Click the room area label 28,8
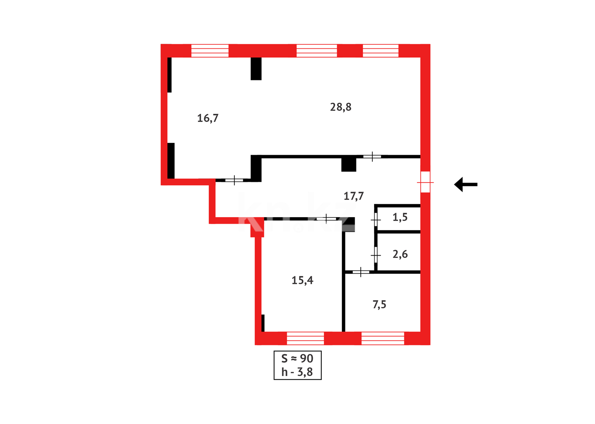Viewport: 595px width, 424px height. click(341, 107)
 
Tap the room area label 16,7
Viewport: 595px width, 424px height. click(208, 118)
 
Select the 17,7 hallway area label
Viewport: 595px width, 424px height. click(354, 196)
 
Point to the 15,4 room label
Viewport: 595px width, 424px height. click(302, 280)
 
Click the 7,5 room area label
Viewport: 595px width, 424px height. click(379, 304)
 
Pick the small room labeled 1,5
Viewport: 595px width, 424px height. click(400, 217)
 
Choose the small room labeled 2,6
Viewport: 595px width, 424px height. click(400, 254)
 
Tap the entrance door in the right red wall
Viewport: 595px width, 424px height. click(425, 182)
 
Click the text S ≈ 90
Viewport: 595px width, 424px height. click(297, 358)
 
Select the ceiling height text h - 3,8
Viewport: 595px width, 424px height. click(297, 372)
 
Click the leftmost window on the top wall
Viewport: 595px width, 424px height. click(210, 51)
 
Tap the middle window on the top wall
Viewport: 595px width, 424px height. click(316, 51)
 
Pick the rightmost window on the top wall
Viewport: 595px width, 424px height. click(380, 51)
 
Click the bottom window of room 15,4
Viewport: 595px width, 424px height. click(305, 338)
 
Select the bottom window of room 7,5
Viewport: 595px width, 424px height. click(382, 338)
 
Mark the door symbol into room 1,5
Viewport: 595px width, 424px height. click(376, 220)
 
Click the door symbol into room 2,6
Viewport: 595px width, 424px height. click(376, 255)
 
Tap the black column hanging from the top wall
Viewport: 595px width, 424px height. click(256, 69)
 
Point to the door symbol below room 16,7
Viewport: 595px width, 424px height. click(234, 180)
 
